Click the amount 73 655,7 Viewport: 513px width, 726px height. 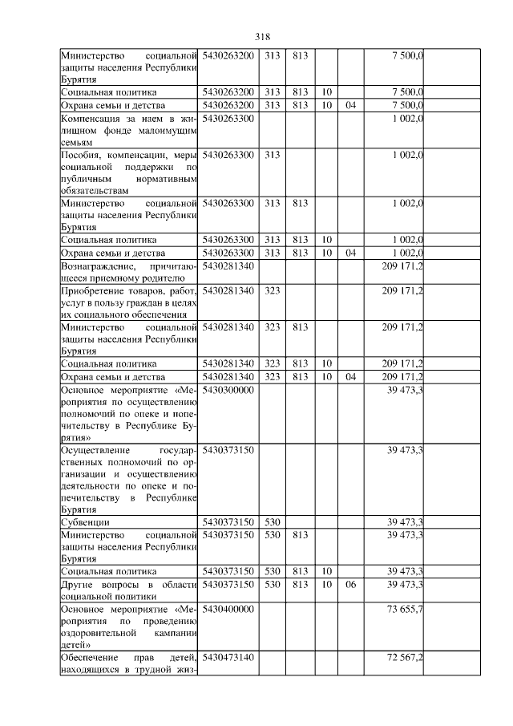pos(405,610)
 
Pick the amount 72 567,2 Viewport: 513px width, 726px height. pos(405,658)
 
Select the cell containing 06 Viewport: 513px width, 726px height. pos(349,585)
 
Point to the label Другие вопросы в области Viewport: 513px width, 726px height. pos(128,590)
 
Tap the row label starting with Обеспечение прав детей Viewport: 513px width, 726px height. pos(128,664)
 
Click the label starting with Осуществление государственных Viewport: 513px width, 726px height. pos(128,478)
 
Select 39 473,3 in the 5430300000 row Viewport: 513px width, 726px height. pos(405,390)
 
